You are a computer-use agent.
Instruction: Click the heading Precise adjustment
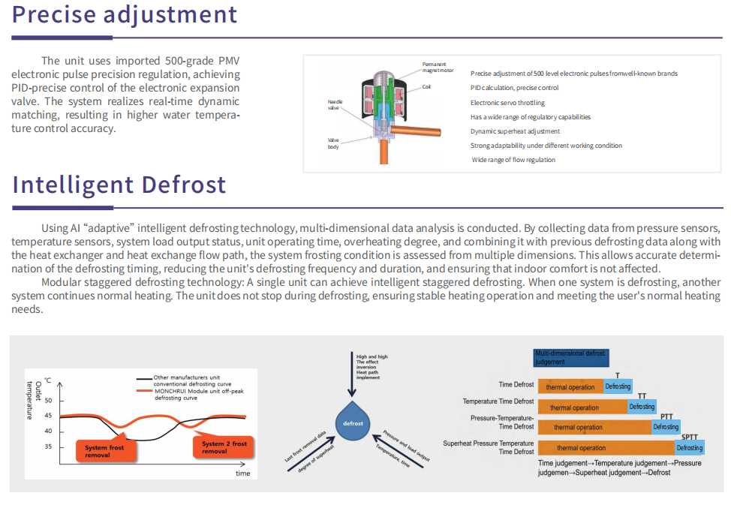pyautogui.click(x=125, y=14)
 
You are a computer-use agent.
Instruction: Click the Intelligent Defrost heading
pyautogui.click(x=119, y=184)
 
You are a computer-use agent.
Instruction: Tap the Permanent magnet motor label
pyautogui.click(x=438, y=67)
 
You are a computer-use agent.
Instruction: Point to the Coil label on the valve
pyautogui.click(x=426, y=87)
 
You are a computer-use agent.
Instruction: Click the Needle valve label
pyautogui.click(x=335, y=104)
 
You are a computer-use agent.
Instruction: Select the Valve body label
pyautogui.click(x=333, y=143)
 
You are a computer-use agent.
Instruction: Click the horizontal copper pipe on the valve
pyautogui.click(x=415, y=131)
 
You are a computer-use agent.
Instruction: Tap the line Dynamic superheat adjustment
pyautogui.click(x=515, y=131)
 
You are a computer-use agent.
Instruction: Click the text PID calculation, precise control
pyautogui.click(x=514, y=88)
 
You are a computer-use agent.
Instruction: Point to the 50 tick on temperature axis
pyautogui.click(x=49, y=401)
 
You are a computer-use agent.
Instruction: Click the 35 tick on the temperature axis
pyautogui.click(x=49, y=446)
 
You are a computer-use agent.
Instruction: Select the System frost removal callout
pyautogui.click(x=105, y=451)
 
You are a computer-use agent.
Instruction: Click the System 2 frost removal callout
pyautogui.click(x=224, y=447)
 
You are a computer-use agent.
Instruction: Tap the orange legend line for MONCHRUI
pyautogui.click(x=144, y=391)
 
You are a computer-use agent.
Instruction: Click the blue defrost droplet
pyautogui.click(x=353, y=421)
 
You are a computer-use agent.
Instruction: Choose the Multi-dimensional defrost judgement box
pyautogui.click(x=571, y=358)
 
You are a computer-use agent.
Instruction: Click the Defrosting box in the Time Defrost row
pyautogui.click(x=618, y=386)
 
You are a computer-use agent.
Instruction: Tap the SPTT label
pyautogui.click(x=690, y=437)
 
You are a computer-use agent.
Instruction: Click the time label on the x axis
pyautogui.click(x=242, y=473)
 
